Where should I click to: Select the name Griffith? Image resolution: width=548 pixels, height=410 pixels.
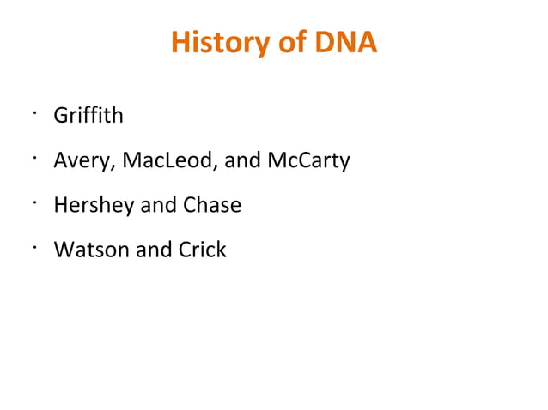(x=88, y=115)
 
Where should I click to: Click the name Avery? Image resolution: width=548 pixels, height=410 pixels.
(x=79, y=160)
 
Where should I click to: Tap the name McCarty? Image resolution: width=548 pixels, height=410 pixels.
(x=308, y=160)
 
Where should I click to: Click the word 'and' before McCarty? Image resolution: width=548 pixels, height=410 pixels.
(x=241, y=160)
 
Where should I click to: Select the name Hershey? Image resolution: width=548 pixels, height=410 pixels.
(x=89, y=206)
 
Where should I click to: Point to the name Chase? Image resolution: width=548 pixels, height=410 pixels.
(x=212, y=206)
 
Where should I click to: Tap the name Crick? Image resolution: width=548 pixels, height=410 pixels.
(x=202, y=250)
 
